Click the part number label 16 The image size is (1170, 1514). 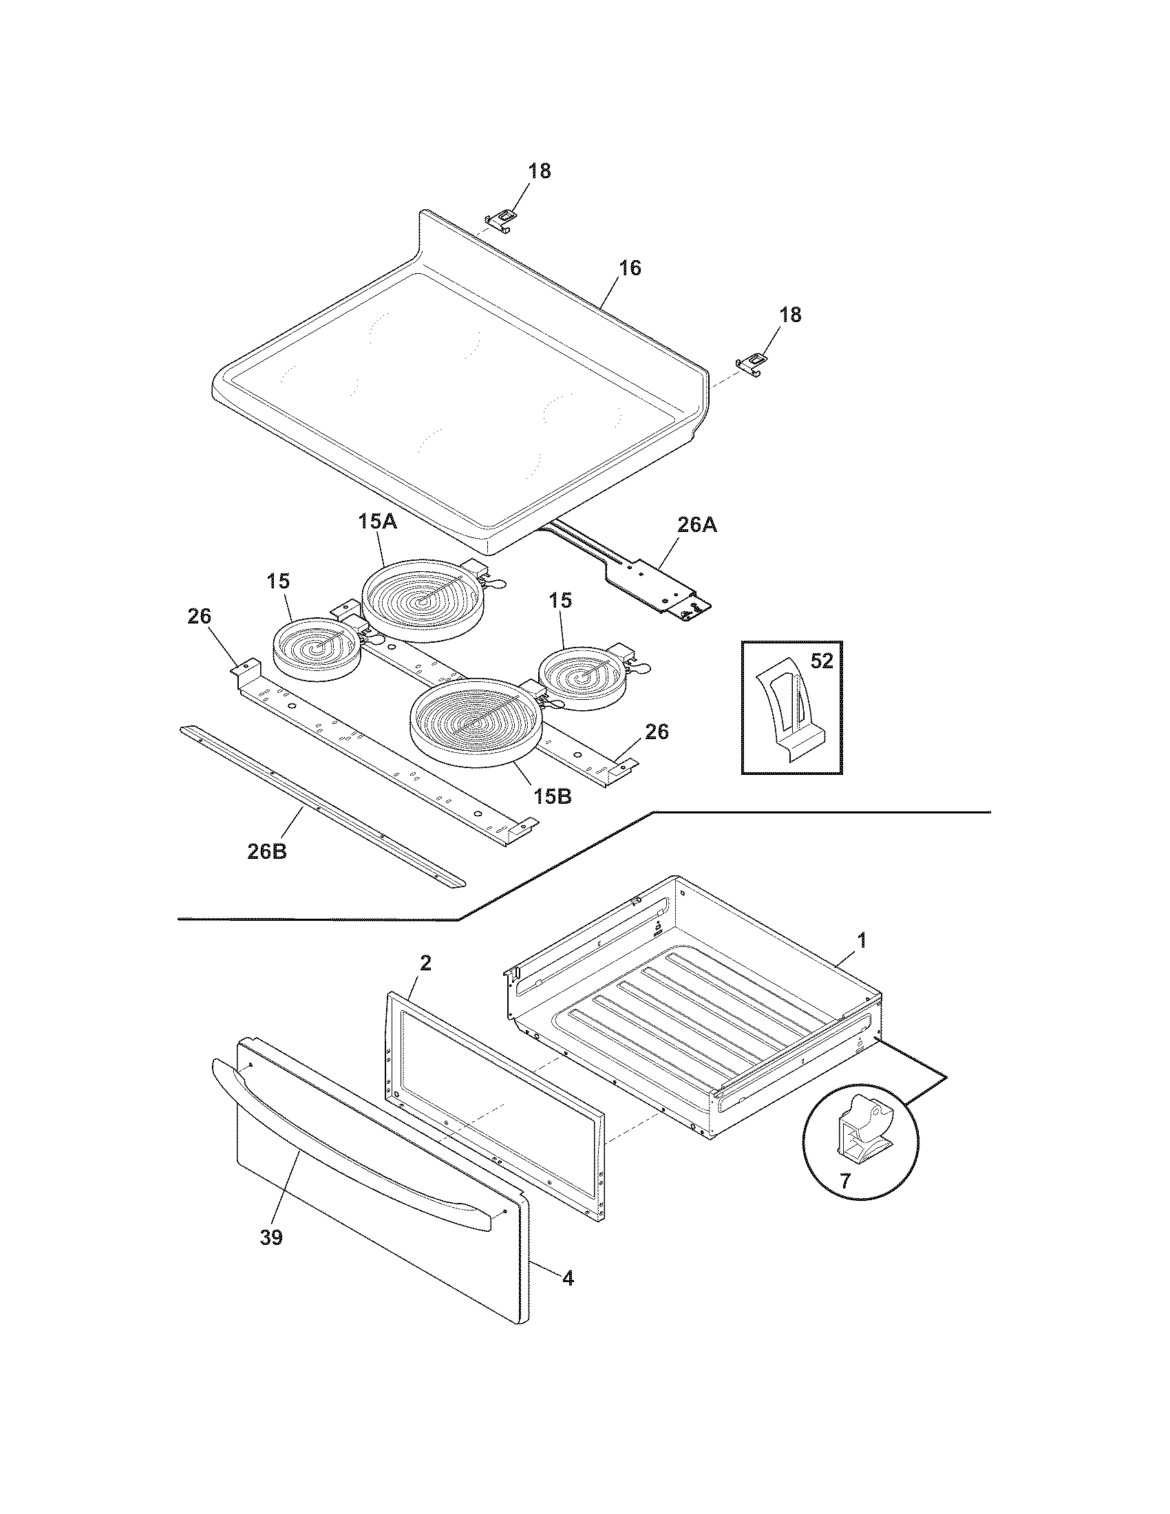point(630,268)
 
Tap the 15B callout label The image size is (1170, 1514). point(553,796)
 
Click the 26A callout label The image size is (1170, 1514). point(696,526)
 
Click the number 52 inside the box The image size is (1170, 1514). point(821,661)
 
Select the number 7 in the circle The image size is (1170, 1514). point(844,1181)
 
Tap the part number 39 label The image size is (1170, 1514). point(271,1238)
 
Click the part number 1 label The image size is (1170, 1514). point(862,941)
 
